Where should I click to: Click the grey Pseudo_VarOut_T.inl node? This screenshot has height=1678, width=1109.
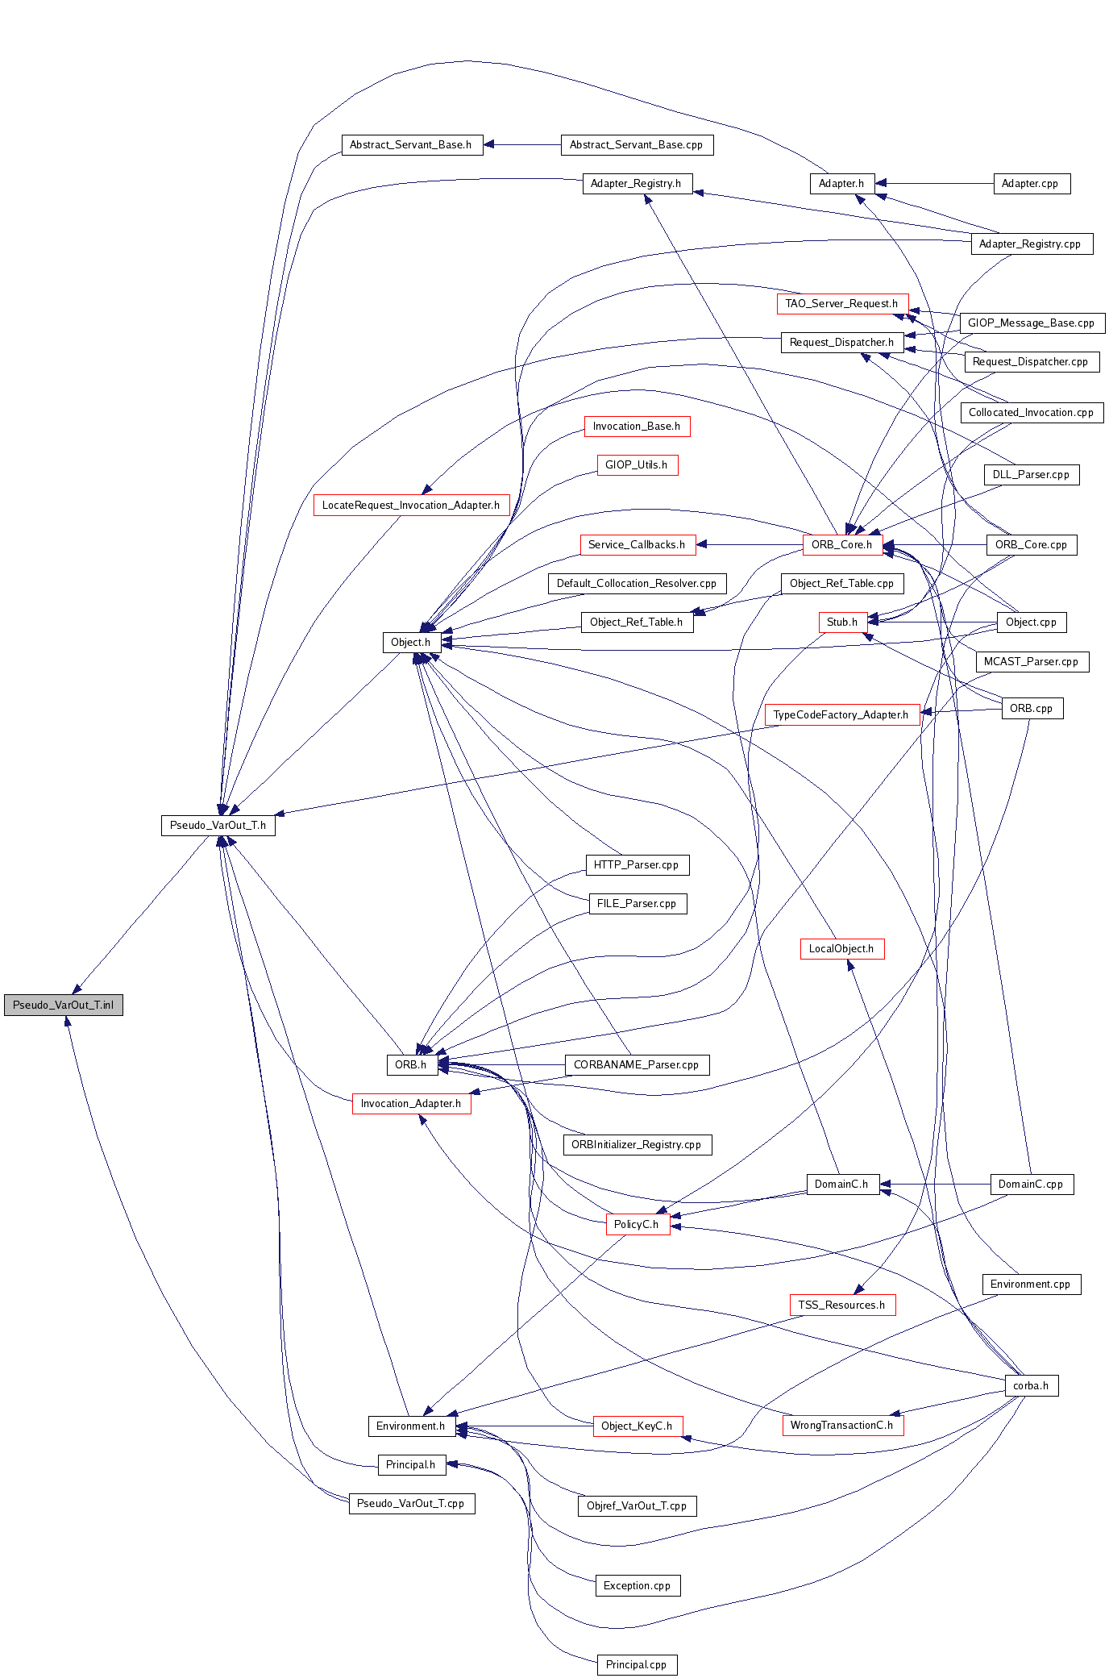tap(63, 1005)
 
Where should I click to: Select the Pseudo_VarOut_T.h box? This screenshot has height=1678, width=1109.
tap(218, 825)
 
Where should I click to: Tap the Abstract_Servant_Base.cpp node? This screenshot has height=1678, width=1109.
tap(636, 145)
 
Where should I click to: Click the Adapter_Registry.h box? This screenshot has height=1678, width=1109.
tap(636, 184)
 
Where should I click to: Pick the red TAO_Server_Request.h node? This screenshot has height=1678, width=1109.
tap(841, 304)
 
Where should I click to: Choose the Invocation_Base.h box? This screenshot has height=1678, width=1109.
tap(636, 427)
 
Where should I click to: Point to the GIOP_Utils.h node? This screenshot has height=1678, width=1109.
tap(636, 465)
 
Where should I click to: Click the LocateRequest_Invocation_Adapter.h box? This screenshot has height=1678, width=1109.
tap(411, 506)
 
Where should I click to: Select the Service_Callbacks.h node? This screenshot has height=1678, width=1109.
tap(636, 545)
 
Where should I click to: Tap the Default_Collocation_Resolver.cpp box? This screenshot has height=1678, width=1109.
tap(636, 584)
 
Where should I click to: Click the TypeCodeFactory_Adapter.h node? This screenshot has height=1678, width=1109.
tap(841, 715)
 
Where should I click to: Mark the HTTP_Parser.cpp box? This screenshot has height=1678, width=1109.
tap(636, 865)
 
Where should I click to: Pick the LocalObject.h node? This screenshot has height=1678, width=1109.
tap(841, 949)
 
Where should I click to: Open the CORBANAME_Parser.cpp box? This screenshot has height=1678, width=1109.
tap(636, 1065)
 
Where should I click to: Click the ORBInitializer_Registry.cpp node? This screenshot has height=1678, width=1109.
tap(636, 1145)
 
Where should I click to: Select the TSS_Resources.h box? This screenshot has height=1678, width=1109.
tap(841, 1305)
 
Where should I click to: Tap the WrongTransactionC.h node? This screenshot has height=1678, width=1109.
tap(841, 1426)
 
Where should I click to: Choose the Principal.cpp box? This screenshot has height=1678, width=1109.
tap(636, 1665)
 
